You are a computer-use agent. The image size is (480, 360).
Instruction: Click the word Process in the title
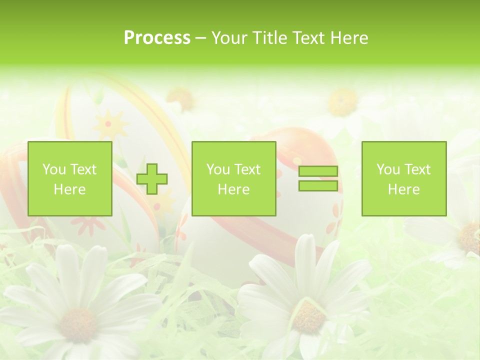click(x=157, y=38)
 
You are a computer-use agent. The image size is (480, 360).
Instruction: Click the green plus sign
click(x=152, y=178)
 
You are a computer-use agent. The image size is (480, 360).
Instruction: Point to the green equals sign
click(x=318, y=178)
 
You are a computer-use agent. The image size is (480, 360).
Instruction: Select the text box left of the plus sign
click(x=70, y=178)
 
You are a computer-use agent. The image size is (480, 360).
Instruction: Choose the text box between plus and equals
click(x=233, y=178)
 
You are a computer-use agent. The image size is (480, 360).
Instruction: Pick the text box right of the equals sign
click(x=403, y=178)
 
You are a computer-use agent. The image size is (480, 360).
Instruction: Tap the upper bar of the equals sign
click(x=318, y=171)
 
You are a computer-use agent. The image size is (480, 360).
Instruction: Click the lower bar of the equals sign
click(x=318, y=185)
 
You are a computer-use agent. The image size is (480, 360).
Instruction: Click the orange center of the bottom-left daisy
click(x=78, y=325)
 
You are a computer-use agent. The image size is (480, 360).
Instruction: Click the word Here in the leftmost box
click(x=69, y=189)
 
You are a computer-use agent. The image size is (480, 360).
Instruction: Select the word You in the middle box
click(x=218, y=169)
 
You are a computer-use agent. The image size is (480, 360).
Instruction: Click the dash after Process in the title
click(x=201, y=38)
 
